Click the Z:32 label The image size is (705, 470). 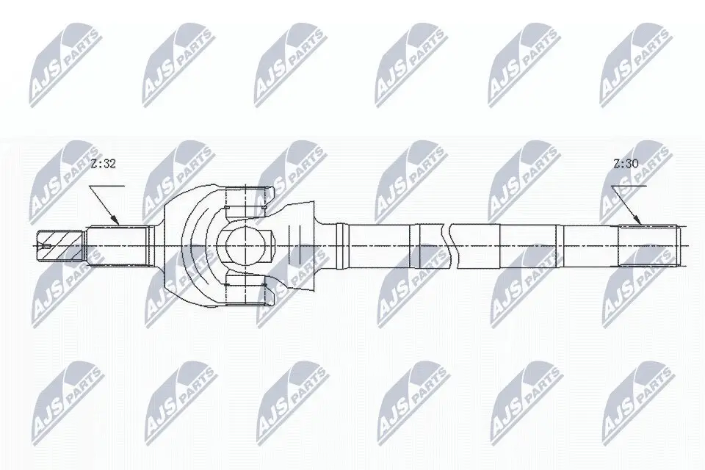103,165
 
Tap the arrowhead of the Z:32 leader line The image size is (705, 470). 117,221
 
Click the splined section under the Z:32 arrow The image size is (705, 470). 117,245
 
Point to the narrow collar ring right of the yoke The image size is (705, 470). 339,245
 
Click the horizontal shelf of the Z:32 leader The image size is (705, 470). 109,186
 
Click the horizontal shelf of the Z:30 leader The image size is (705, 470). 632,186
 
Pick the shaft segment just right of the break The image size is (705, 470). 477,245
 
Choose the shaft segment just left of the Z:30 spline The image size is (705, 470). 591,245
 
